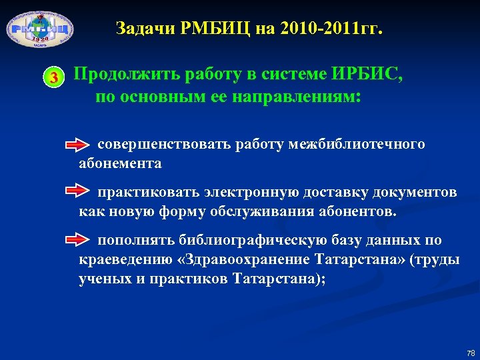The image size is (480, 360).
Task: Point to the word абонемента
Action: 120,163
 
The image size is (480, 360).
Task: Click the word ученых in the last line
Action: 101,279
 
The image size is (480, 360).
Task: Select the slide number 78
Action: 471,352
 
